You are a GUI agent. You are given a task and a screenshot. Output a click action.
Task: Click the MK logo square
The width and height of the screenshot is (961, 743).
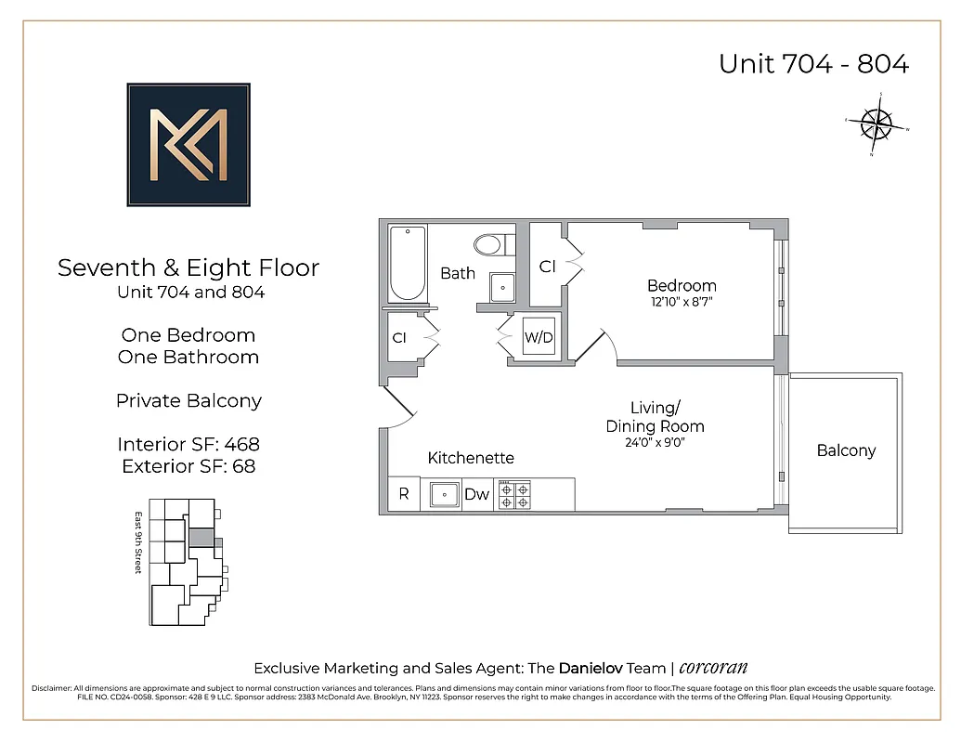(x=188, y=144)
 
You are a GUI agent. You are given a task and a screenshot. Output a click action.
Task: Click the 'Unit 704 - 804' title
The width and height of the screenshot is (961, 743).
(x=813, y=64)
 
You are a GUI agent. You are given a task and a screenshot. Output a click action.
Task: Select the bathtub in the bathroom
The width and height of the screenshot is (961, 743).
(x=407, y=263)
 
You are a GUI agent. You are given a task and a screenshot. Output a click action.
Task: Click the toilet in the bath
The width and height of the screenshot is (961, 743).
(x=488, y=245)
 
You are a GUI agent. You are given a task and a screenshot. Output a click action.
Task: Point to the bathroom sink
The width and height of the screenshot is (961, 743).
(x=502, y=287)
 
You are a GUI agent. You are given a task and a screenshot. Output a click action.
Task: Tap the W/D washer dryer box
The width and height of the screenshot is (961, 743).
(x=539, y=338)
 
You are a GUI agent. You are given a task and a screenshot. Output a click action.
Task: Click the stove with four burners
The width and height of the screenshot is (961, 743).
(x=514, y=494)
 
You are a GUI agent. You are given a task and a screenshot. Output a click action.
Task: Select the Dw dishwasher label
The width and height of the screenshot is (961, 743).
(x=476, y=495)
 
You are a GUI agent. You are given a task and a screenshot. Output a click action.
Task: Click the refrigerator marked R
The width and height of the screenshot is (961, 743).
(x=404, y=494)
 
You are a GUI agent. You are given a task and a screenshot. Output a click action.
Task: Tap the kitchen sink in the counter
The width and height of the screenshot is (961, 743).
(x=443, y=494)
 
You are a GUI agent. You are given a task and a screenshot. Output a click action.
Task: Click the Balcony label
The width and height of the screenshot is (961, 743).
(x=846, y=450)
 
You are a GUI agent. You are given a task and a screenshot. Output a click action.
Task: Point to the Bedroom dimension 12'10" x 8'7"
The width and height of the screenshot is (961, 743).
(x=682, y=302)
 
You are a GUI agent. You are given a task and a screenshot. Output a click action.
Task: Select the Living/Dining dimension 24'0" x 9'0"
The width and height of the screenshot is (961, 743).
(x=656, y=443)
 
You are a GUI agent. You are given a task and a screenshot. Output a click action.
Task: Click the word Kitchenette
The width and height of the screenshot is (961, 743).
(x=471, y=458)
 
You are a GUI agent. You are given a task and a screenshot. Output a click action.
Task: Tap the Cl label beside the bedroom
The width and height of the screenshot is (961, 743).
(x=548, y=267)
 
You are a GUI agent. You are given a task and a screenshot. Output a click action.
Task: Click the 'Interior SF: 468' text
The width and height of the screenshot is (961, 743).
(x=188, y=444)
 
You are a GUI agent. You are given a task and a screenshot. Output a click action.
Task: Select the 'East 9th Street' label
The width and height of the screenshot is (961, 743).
(x=137, y=542)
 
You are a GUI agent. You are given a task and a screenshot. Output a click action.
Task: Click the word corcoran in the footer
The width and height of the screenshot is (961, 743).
(x=713, y=668)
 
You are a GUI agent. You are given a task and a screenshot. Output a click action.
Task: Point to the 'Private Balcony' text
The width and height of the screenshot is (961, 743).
(x=188, y=400)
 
